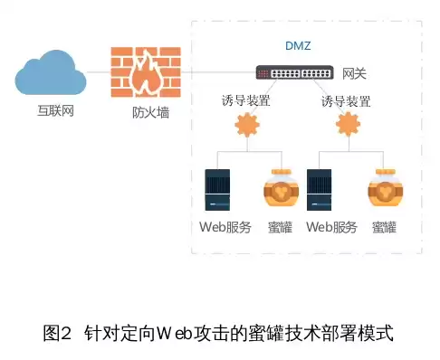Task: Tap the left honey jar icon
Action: click(x=282, y=192)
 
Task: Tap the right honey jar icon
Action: click(x=385, y=192)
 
